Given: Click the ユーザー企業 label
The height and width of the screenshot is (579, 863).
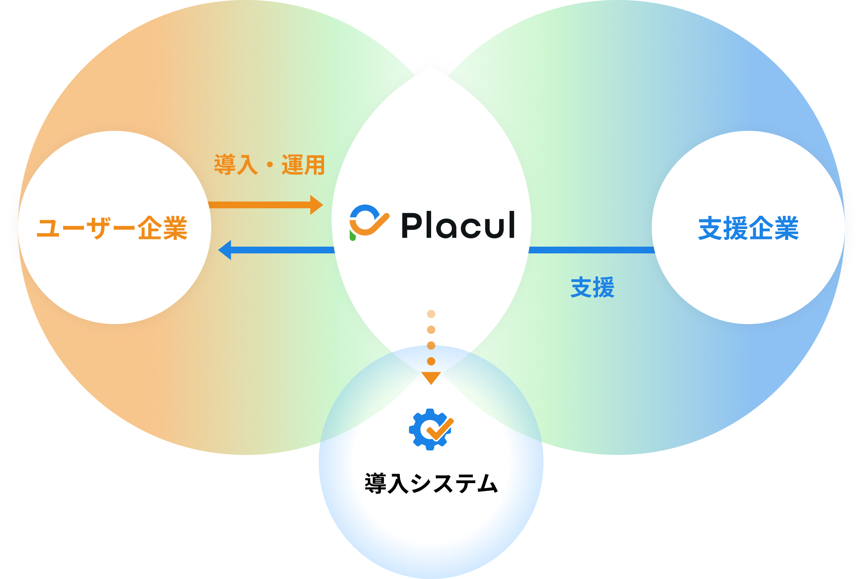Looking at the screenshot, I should [x=112, y=228].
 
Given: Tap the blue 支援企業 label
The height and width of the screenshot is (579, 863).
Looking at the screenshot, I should [x=748, y=228].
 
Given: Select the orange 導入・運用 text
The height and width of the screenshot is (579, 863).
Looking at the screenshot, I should [x=269, y=165].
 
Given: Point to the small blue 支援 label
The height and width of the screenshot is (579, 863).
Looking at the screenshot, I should [x=592, y=288].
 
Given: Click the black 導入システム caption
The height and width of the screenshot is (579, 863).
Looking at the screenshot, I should [x=431, y=484].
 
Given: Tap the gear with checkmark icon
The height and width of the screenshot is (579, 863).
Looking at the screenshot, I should [x=431, y=429].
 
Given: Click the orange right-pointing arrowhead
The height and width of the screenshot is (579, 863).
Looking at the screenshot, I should [x=316, y=205].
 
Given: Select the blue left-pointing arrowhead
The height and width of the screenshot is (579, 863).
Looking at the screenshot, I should [x=225, y=250].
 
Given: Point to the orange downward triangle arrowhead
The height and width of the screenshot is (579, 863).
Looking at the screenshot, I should [x=431, y=377].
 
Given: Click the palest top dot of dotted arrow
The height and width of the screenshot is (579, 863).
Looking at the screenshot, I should [x=431, y=314].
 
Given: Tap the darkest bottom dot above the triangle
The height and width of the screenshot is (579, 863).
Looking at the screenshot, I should [x=431, y=361].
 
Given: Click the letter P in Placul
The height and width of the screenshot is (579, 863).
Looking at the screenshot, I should [x=411, y=225].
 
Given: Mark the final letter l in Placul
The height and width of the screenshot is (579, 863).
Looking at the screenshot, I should [x=511, y=224].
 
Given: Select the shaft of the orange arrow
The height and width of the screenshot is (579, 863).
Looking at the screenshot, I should [x=259, y=205].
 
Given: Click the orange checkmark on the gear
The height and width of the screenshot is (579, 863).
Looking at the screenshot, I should [x=440, y=429].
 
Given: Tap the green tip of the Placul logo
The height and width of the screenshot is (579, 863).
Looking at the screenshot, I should [x=353, y=236].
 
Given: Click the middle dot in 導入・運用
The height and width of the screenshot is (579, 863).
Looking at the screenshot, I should [x=269, y=165].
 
